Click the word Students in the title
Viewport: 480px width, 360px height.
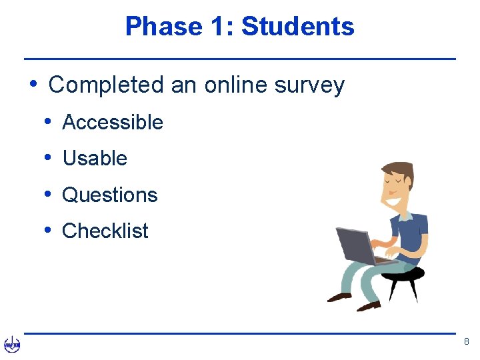tap(297, 27)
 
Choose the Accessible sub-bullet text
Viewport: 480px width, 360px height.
tap(112, 122)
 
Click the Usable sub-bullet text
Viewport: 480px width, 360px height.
tap(94, 158)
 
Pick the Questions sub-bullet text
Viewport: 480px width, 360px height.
tap(109, 195)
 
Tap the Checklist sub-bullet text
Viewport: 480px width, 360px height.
tap(105, 231)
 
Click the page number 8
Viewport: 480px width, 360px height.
tap(467, 342)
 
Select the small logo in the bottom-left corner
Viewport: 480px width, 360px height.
tap(12, 345)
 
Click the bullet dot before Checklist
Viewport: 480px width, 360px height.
tap(48, 230)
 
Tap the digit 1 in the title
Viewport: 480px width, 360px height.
tap(218, 27)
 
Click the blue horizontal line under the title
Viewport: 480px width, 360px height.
tap(240, 59)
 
